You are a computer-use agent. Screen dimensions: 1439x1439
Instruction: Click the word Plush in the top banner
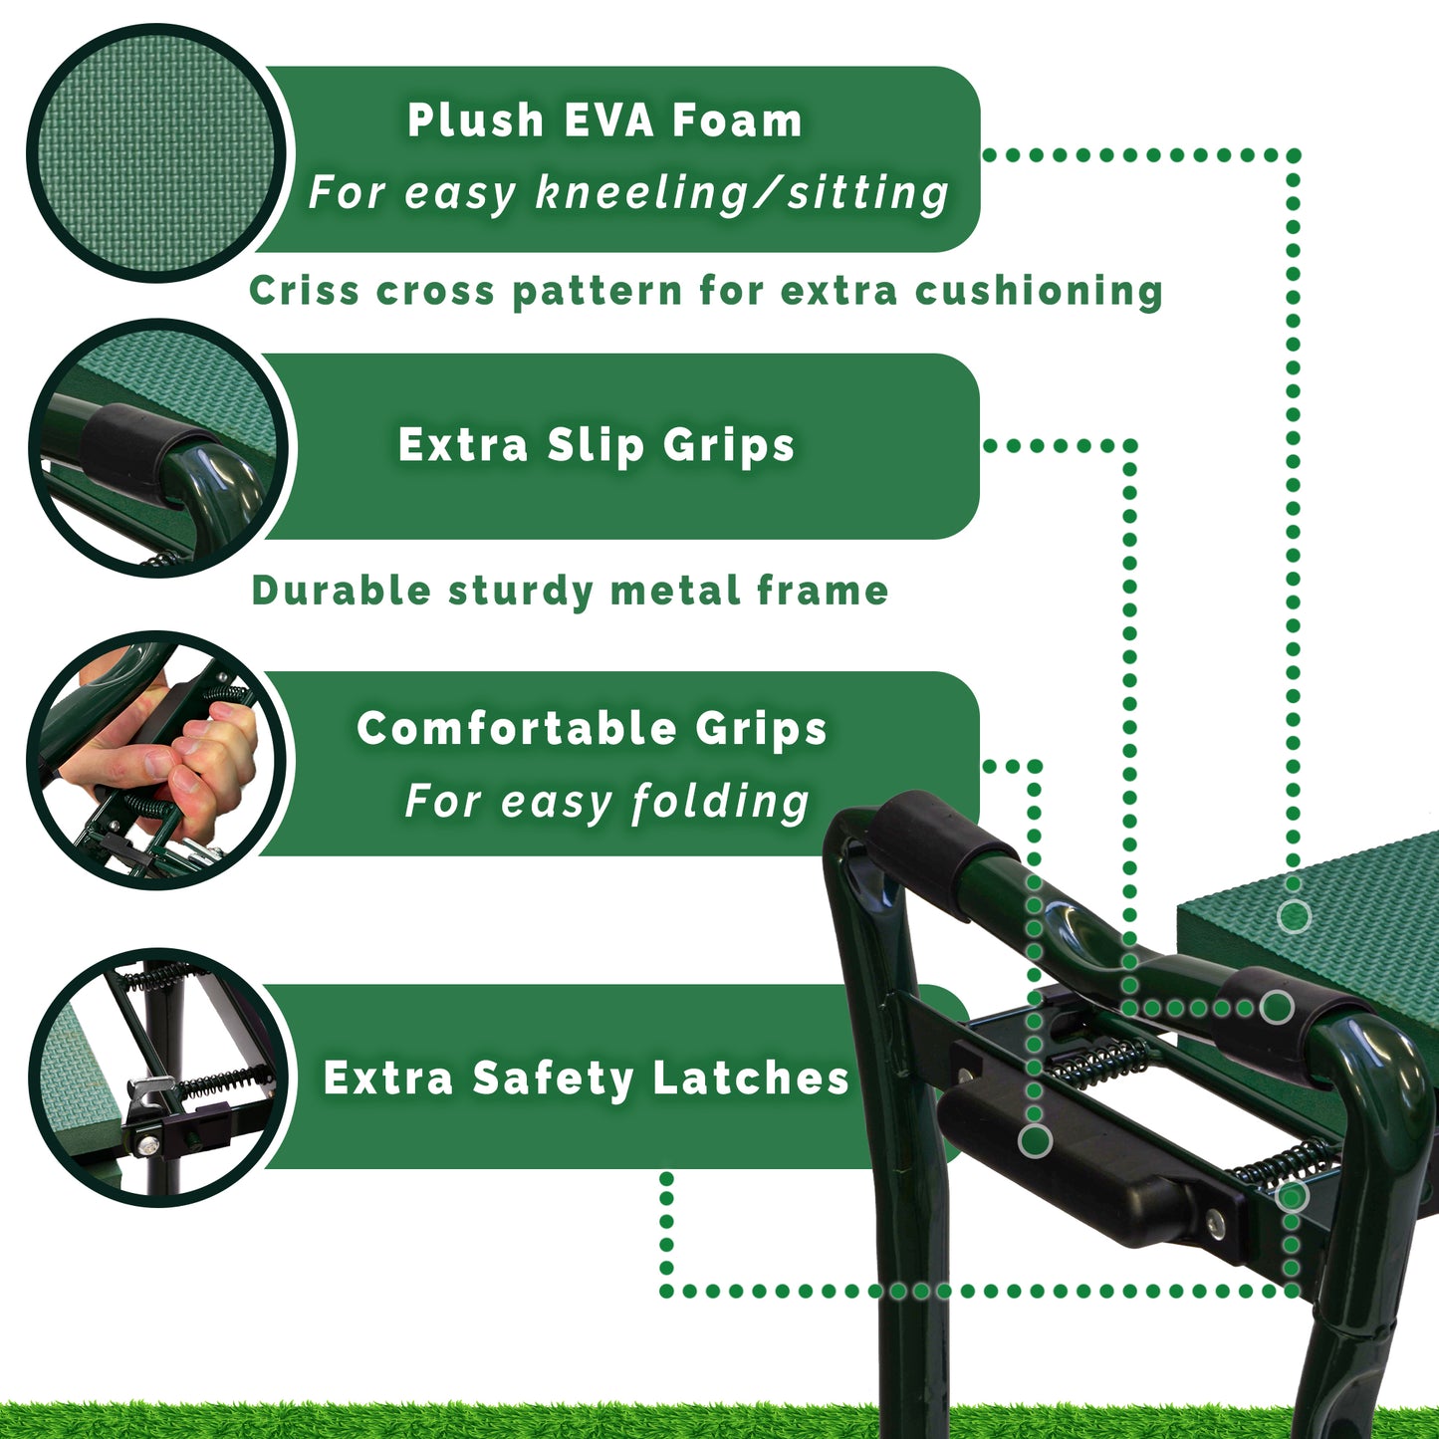(476, 120)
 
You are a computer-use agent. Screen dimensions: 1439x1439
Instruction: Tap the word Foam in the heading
(736, 120)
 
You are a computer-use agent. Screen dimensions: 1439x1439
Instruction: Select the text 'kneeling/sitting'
(742, 193)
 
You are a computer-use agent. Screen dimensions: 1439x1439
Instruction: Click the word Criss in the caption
(304, 290)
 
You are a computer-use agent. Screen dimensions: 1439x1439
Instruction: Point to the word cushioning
(1039, 291)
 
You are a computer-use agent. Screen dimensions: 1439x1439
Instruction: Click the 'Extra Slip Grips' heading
(596, 446)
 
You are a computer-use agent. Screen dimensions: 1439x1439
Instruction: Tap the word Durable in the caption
(342, 590)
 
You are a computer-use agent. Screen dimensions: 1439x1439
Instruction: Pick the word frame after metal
(823, 590)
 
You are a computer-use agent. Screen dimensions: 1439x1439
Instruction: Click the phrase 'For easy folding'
(606, 802)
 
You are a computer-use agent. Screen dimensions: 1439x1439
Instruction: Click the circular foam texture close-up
(156, 153)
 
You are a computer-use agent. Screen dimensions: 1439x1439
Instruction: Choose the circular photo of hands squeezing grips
(156, 761)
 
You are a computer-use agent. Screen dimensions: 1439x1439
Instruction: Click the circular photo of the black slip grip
(159, 448)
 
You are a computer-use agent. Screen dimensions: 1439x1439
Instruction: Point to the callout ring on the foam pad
(1293, 916)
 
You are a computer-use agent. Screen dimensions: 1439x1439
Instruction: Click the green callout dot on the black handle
(1035, 1140)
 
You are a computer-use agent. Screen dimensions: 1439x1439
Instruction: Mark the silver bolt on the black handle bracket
(1216, 1223)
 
